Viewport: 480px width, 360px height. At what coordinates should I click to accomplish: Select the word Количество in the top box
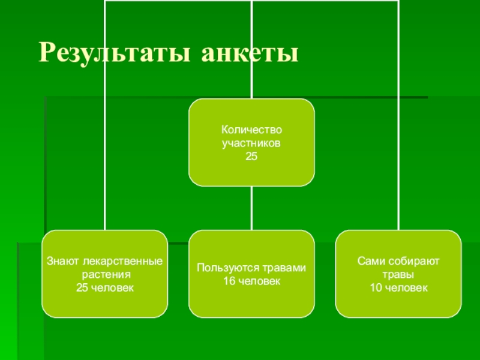251,130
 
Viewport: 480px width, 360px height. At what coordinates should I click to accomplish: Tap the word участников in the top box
251,143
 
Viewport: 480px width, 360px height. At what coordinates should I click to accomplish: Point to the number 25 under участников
251,157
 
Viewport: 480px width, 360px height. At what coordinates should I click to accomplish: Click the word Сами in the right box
369,262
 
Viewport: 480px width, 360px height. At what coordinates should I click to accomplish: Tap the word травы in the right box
398,275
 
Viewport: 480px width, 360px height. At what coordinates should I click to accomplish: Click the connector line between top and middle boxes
252,208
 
